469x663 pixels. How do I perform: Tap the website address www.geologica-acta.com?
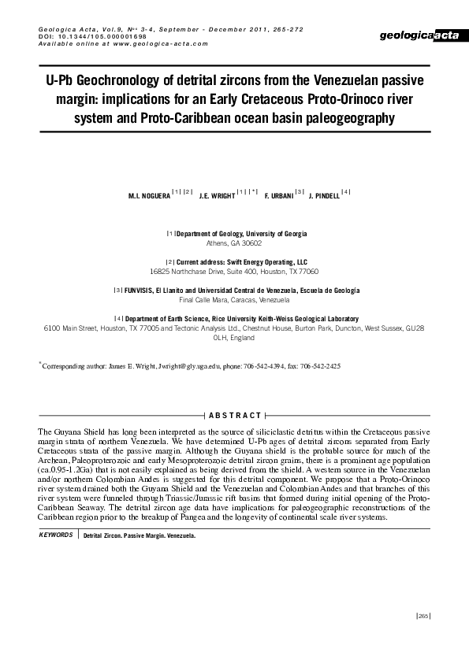pos(150,44)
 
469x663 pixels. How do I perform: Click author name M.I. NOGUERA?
pos(148,196)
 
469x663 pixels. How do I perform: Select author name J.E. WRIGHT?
pos(217,196)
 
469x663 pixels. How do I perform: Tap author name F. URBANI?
pos(278,196)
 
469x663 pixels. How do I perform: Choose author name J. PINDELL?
pos(324,196)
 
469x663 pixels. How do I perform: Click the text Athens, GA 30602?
pos(234,244)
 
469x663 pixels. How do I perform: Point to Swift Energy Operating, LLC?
pos(265,261)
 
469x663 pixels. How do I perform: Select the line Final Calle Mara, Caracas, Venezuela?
pos(234,300)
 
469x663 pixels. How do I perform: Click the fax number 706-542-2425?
pos(321,367)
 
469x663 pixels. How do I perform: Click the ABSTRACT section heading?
pos(235,415)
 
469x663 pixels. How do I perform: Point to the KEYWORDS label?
pos(56,535)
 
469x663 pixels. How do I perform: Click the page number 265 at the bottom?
pos(422,616)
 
